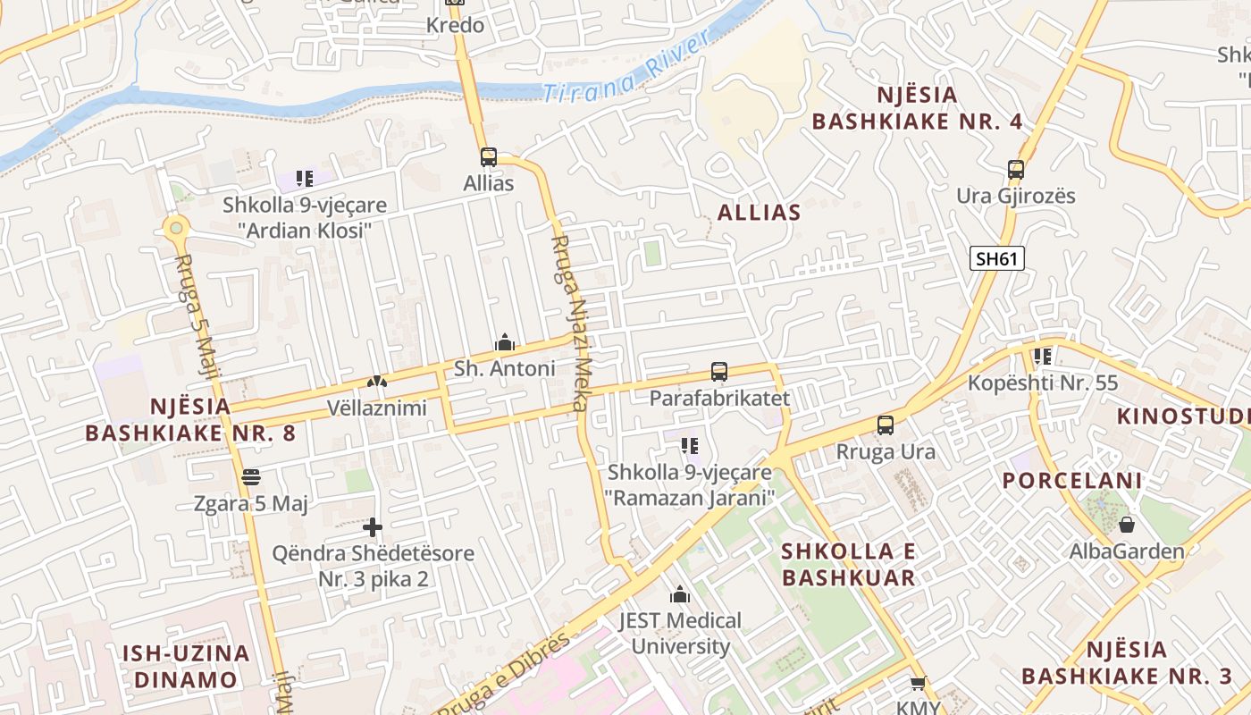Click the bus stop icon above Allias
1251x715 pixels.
pos(488,157)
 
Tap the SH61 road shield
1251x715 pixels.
pos(996,259)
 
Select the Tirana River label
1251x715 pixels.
pos(626,71)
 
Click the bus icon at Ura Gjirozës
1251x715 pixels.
pos(1015,170)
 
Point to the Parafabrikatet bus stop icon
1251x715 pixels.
pos(718,372)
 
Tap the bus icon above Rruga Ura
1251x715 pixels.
pos(885,425)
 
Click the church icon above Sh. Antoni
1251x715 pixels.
pos(505,342)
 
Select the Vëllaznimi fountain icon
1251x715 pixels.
pos(376,382)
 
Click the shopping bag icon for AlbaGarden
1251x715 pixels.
pos(1126,525)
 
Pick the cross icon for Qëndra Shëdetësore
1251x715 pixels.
pos(373,527)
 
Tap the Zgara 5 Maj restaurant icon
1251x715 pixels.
pos(250,477)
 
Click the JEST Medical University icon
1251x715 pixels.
pos(680,594)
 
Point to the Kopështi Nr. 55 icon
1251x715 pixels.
pos(1042,357)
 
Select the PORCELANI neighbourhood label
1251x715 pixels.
pos(1071,481)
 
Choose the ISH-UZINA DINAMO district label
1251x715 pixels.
pos(186,666)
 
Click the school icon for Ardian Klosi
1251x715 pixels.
pos(305,179)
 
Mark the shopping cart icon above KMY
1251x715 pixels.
pos(917,685)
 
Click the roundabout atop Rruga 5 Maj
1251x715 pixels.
pos(176,229)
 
